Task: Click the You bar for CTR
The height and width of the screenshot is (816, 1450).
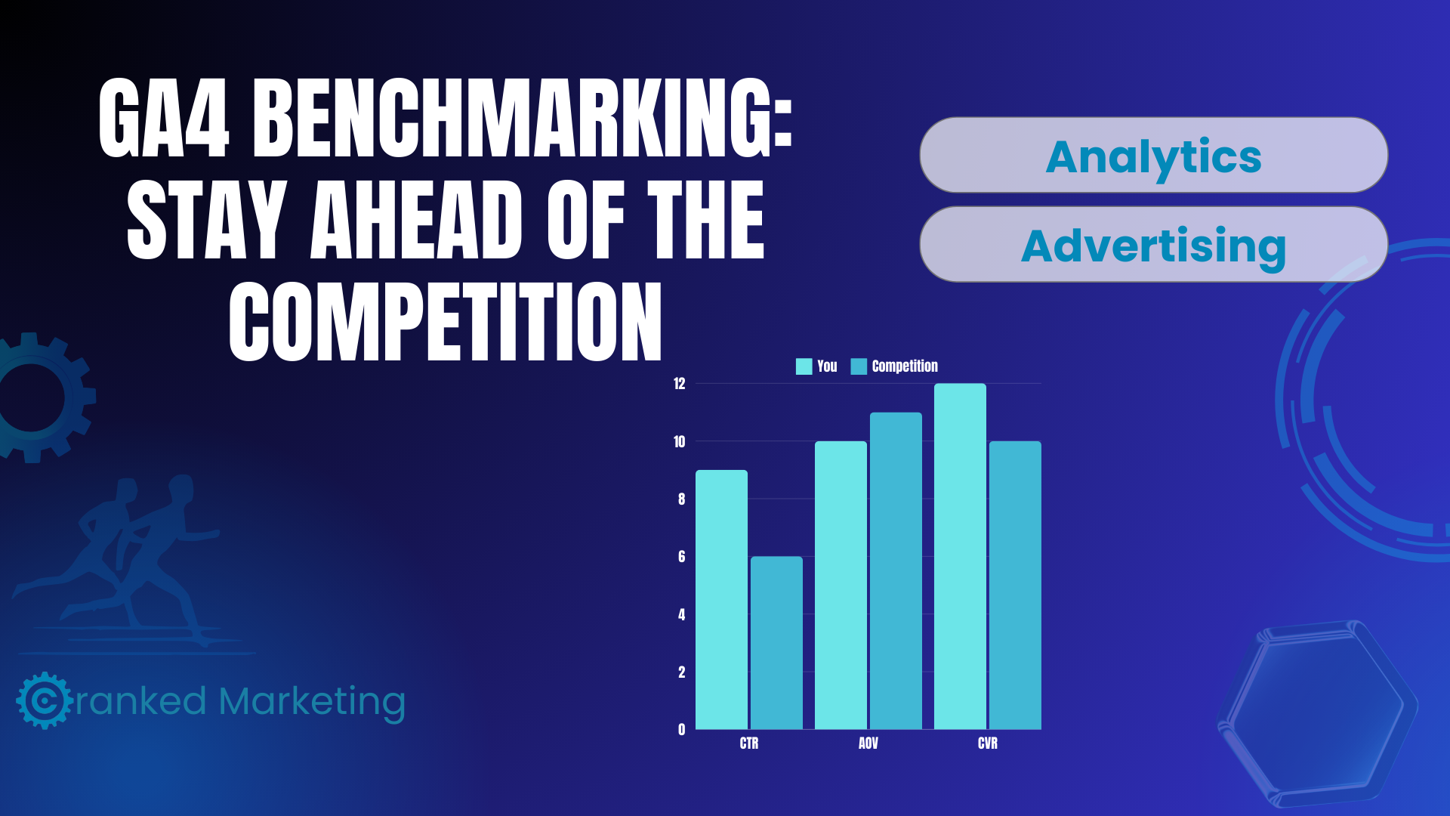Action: point(721,600)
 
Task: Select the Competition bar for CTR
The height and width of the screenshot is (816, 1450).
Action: point(776,643)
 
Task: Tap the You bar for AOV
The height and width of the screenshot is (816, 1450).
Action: point(841,586)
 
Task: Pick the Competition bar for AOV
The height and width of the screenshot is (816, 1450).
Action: point(896,571)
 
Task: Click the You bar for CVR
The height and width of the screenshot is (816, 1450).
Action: point(960,557)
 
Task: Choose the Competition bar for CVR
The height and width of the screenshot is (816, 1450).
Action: point(1015,586)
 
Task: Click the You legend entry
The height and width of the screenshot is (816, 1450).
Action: point(817,366)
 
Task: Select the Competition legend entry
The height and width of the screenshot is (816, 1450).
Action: point(895,366)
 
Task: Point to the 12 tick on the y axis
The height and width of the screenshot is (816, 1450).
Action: point(680,384)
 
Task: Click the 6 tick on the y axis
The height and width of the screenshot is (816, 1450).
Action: point(681,557)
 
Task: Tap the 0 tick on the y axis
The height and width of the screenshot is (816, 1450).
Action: point(681,730)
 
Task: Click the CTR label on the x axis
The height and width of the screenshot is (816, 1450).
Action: point(749,743)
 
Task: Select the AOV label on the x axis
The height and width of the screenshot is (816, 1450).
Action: point(868,743)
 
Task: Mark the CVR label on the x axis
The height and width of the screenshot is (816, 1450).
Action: point(988,743)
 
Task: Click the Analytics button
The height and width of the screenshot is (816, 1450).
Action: point(1153,156)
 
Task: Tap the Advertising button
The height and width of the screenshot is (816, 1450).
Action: point(1153,245)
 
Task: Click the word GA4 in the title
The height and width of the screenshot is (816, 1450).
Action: point(164,119)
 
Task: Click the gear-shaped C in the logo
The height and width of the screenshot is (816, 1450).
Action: point(44,700)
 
